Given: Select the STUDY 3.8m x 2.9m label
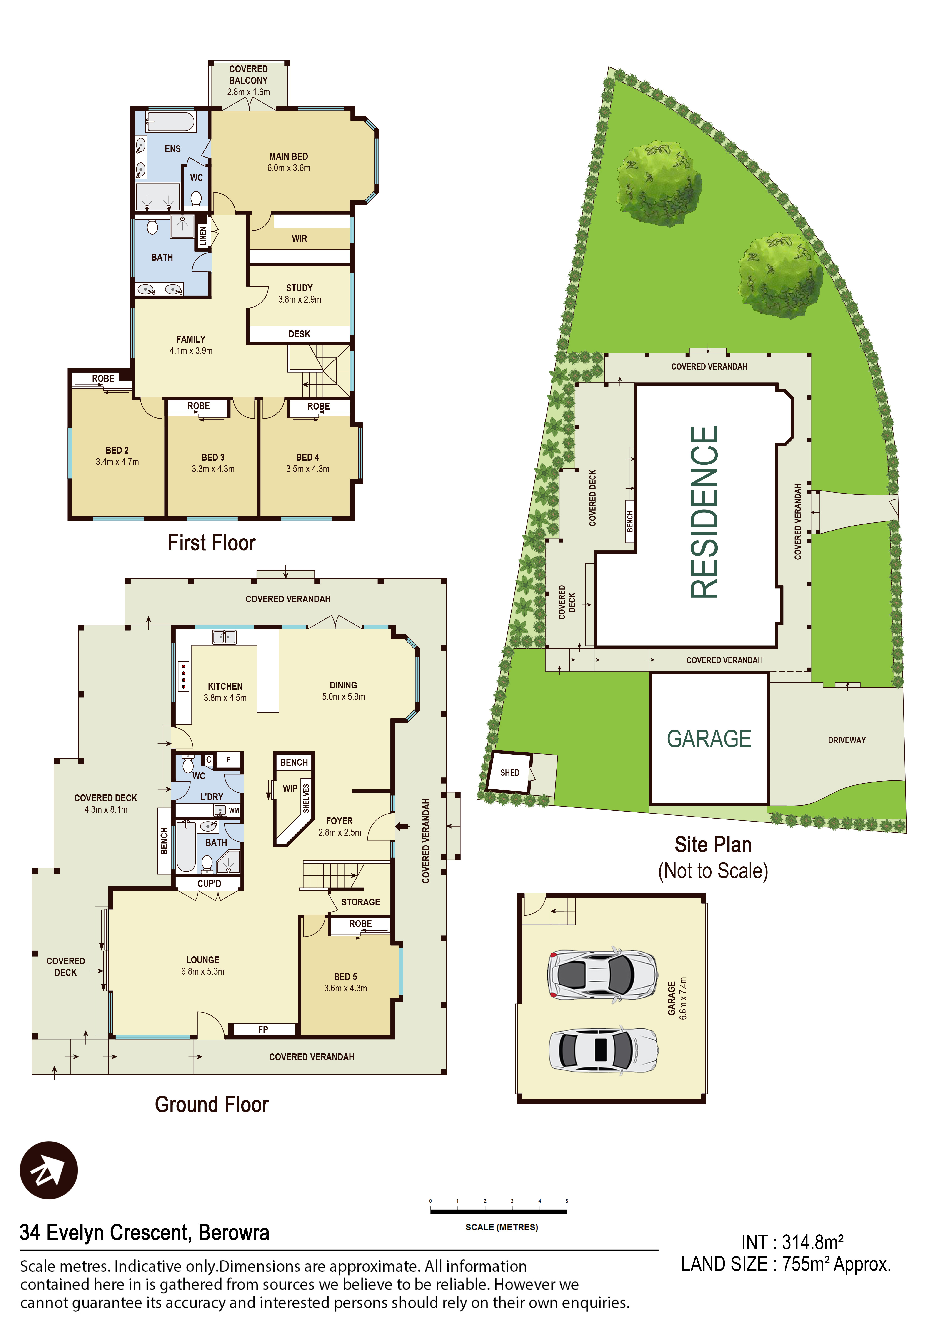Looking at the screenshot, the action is point(299,293).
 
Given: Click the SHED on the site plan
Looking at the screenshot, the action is point(509,772).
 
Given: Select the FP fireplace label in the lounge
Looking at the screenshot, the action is point(263,1030).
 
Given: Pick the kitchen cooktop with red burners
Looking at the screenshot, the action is point(183,676).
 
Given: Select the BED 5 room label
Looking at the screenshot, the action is point(345,977).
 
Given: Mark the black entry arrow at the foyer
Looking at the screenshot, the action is point(402,827).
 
